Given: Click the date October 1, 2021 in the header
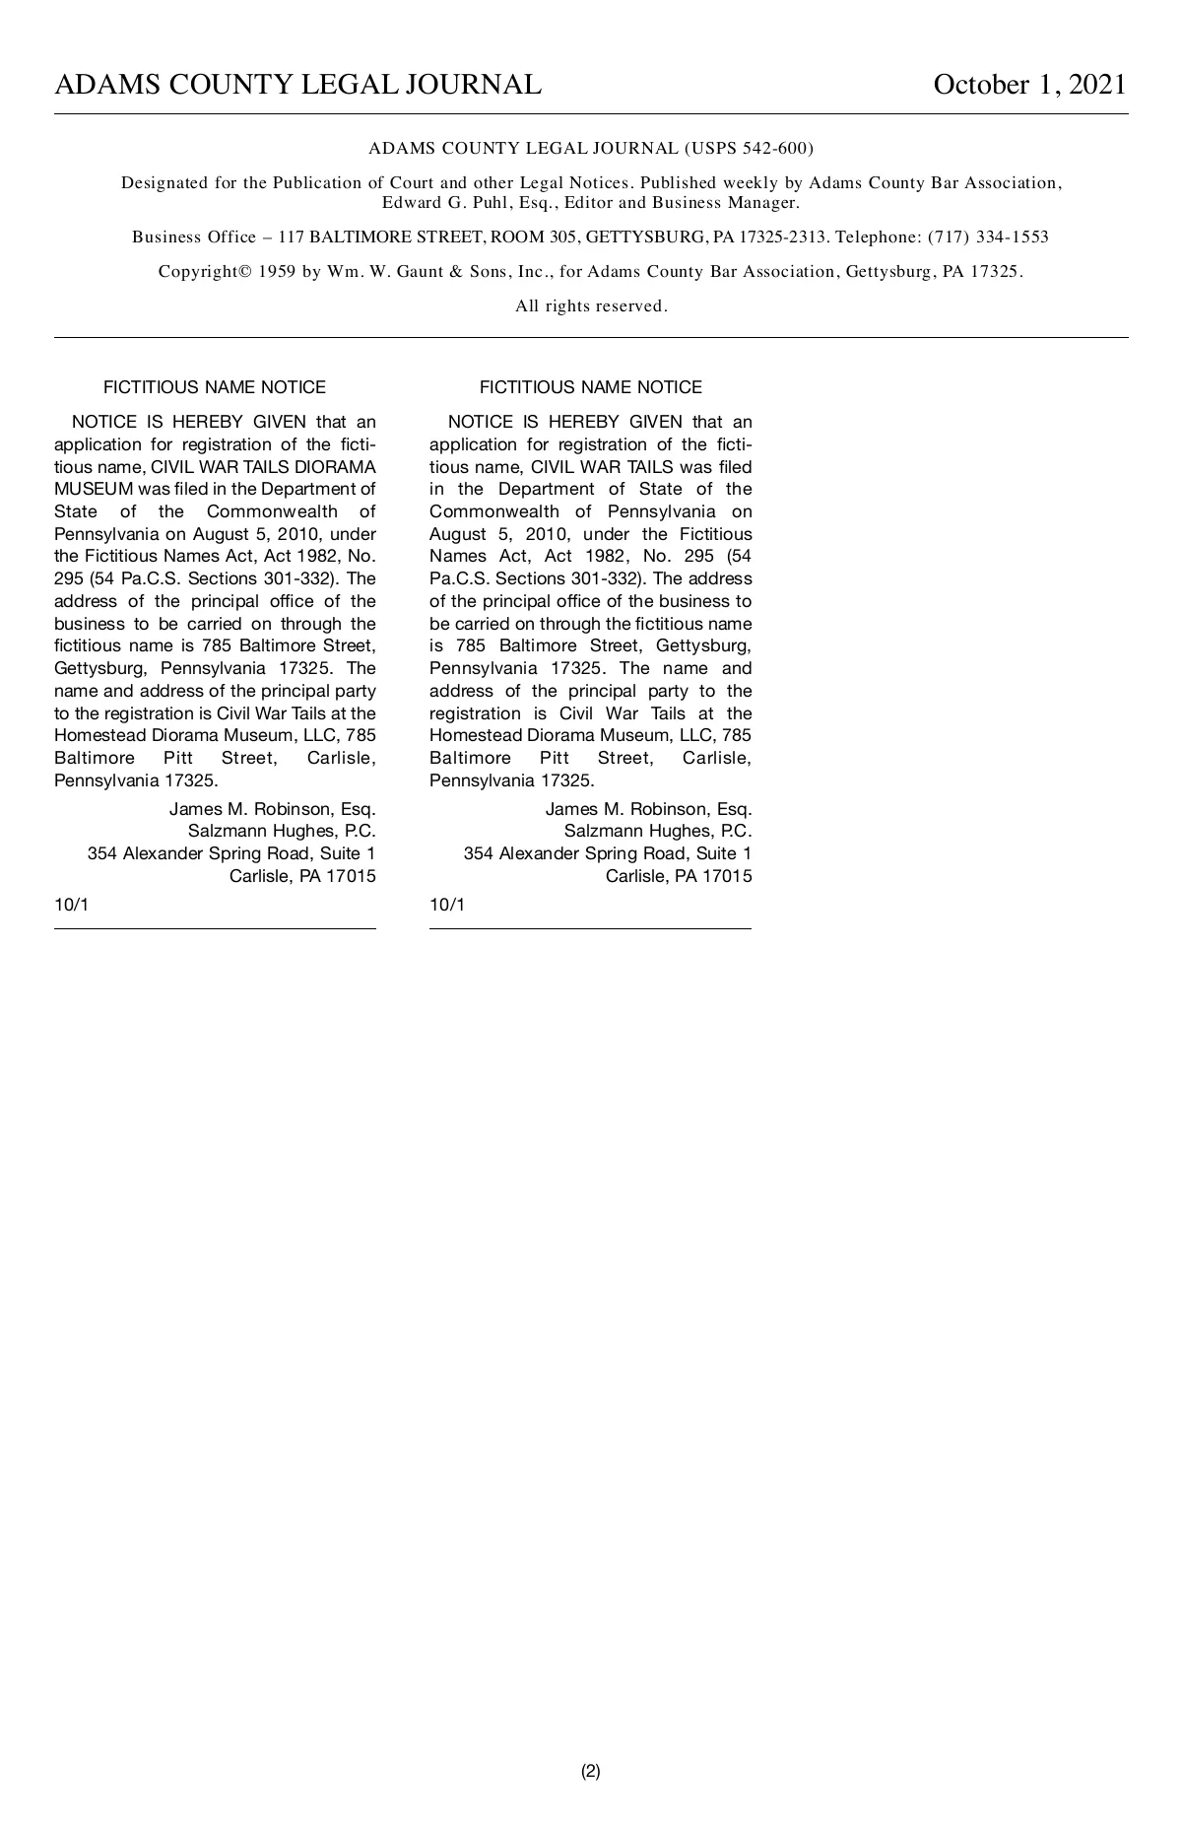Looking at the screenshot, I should (x=1029, y=85).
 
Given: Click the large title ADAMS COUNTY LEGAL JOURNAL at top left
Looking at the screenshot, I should (x=297, y=85).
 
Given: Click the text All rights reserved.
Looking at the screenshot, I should (x=591, y=306).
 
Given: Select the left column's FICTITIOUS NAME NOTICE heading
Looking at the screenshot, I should (x=215, y=387).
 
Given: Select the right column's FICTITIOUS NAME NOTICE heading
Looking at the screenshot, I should (x=591, y=387).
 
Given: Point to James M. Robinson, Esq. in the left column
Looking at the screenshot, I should (x=272, y=809).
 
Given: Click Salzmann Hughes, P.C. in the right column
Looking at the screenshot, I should (x=657, y=831).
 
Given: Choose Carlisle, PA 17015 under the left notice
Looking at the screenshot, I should (x=302, y=876).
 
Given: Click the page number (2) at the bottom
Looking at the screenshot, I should (x=590, y=1771).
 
